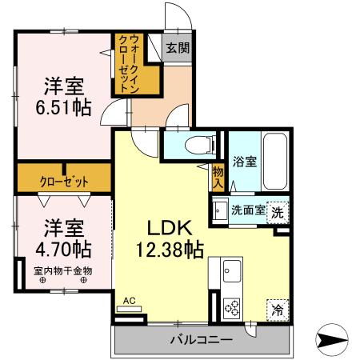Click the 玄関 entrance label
(178, 47)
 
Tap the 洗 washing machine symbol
(276, 214)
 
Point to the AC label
(129, 301)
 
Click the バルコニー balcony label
(201, 340)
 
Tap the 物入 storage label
(218, 177)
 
